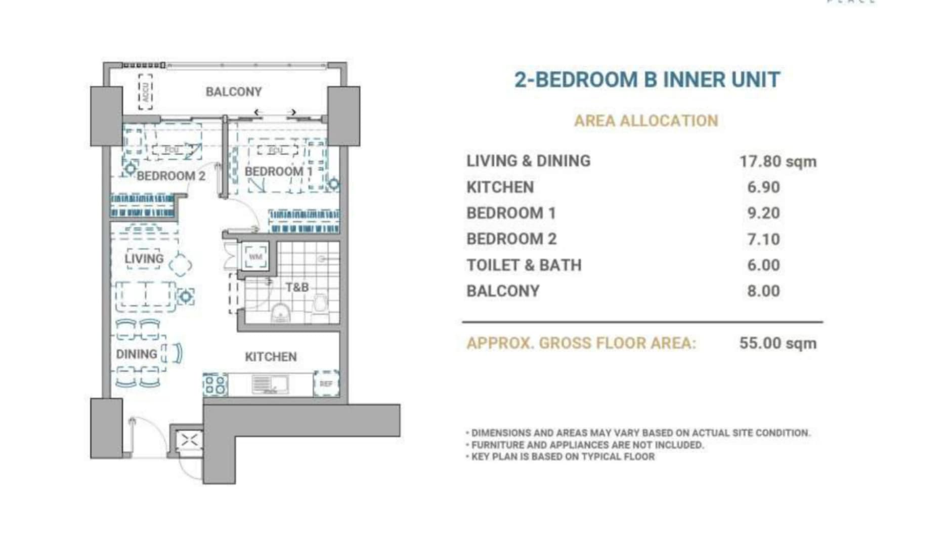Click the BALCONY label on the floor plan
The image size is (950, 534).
pyautogui.click(x=233, y=92)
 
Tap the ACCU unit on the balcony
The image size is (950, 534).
pyautogui.click(x=146, y=92)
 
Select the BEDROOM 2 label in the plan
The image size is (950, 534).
pyautogui.click(x=171, y=176)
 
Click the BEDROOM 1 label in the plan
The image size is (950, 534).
pyautogui.click(x=278, y=171)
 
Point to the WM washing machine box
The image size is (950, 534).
pyautogui.click(x=255, y=257)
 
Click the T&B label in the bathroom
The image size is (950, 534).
pyautogui.click(x=296, y=287)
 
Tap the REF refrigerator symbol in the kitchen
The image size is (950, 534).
pyautogui.click(x=326, y=384)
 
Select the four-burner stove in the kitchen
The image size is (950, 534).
pyautogui.click(x=215, y=384)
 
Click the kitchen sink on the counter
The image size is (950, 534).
pyautogui.click(x=270, y=384)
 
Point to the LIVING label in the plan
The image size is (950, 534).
pyautogui.click(x=144, y=259)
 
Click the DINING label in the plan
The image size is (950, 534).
pyautogui.click(x=137, y=354)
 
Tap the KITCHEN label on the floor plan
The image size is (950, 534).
pyautogui.click(x=271, y=357)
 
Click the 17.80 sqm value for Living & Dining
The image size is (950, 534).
pyautogui.click(x=778, y=162)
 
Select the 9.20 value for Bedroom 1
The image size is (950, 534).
pyautogui.click(x=763, y=213)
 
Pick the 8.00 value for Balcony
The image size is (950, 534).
pyautogui.click(x=763, y=291)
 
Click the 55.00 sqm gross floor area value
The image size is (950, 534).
pyautogui.click(x=778, y=343)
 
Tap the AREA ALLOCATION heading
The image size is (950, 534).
pyautogui.click(x=646, y=121)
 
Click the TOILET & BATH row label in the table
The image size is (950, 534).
pyautogui.click(x=524, y=265)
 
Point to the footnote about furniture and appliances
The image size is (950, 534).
pyautogui.click(x=587, y=445)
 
